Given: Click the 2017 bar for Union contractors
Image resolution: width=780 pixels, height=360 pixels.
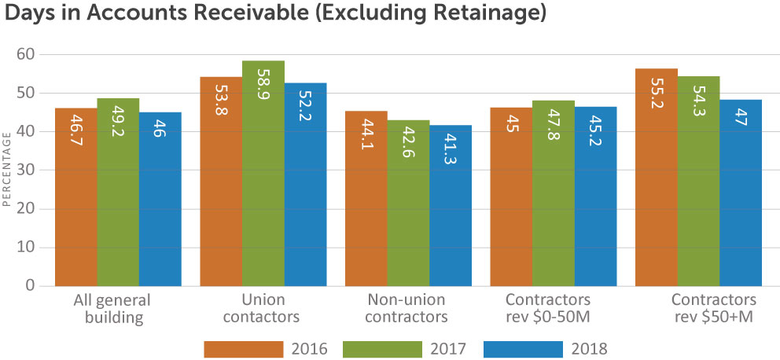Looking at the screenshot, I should click(x=263, y=174).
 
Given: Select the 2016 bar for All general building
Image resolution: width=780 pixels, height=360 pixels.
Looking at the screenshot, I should click(x=76, y=197).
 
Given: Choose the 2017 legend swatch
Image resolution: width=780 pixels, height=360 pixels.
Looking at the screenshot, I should click(x=382, y=348).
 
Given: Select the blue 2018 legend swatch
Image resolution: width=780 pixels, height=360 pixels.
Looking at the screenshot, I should click(x=522, y=348).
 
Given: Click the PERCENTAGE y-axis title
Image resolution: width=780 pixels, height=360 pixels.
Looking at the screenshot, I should click(x=6, y=170).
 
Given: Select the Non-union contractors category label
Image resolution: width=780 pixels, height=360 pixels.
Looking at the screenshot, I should click(x=407, y=308).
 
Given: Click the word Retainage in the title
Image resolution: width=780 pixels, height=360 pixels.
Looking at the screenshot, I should click(x=480, y=14).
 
